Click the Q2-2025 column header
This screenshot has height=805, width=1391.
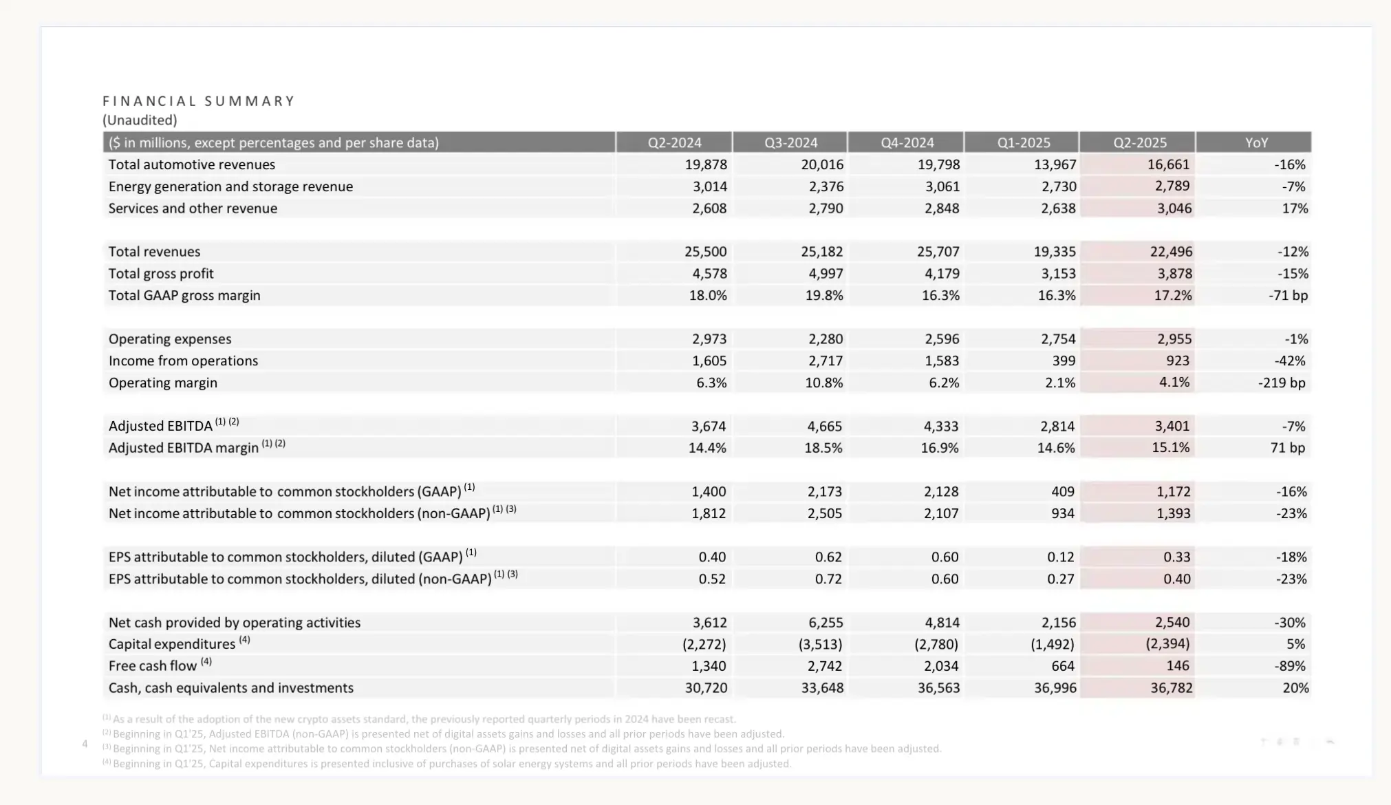(x=1140, y=142)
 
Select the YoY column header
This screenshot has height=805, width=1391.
(x=1256, y=142)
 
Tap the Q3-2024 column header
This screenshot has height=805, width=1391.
(x=790, y=142)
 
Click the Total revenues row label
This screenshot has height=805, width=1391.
(x=154, y=252)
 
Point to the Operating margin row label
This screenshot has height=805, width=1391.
(x=162, y=383)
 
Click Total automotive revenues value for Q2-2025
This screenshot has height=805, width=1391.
(x=1168, y=164)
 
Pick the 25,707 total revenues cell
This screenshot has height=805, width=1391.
(x=938, y=252)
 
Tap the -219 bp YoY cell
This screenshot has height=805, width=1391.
(x=1282, y=383)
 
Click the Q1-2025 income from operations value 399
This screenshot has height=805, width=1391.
(x=1064, y=361)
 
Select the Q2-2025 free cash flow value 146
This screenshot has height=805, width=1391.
(x=1178, y=665)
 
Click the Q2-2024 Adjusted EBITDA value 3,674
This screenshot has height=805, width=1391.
(x=709, y=426)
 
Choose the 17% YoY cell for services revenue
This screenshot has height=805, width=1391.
(x=1295, y=208)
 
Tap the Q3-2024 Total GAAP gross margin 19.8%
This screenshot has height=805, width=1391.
(x=824, y=295)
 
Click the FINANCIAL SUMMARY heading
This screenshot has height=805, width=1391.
(x=199, y=101)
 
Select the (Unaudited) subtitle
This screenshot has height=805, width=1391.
(x=140, y=120)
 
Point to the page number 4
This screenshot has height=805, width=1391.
(x=85, y=744)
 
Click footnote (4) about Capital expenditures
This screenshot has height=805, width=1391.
(x=447, y=764)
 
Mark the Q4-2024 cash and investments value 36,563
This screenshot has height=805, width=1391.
(x=938, y=687)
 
